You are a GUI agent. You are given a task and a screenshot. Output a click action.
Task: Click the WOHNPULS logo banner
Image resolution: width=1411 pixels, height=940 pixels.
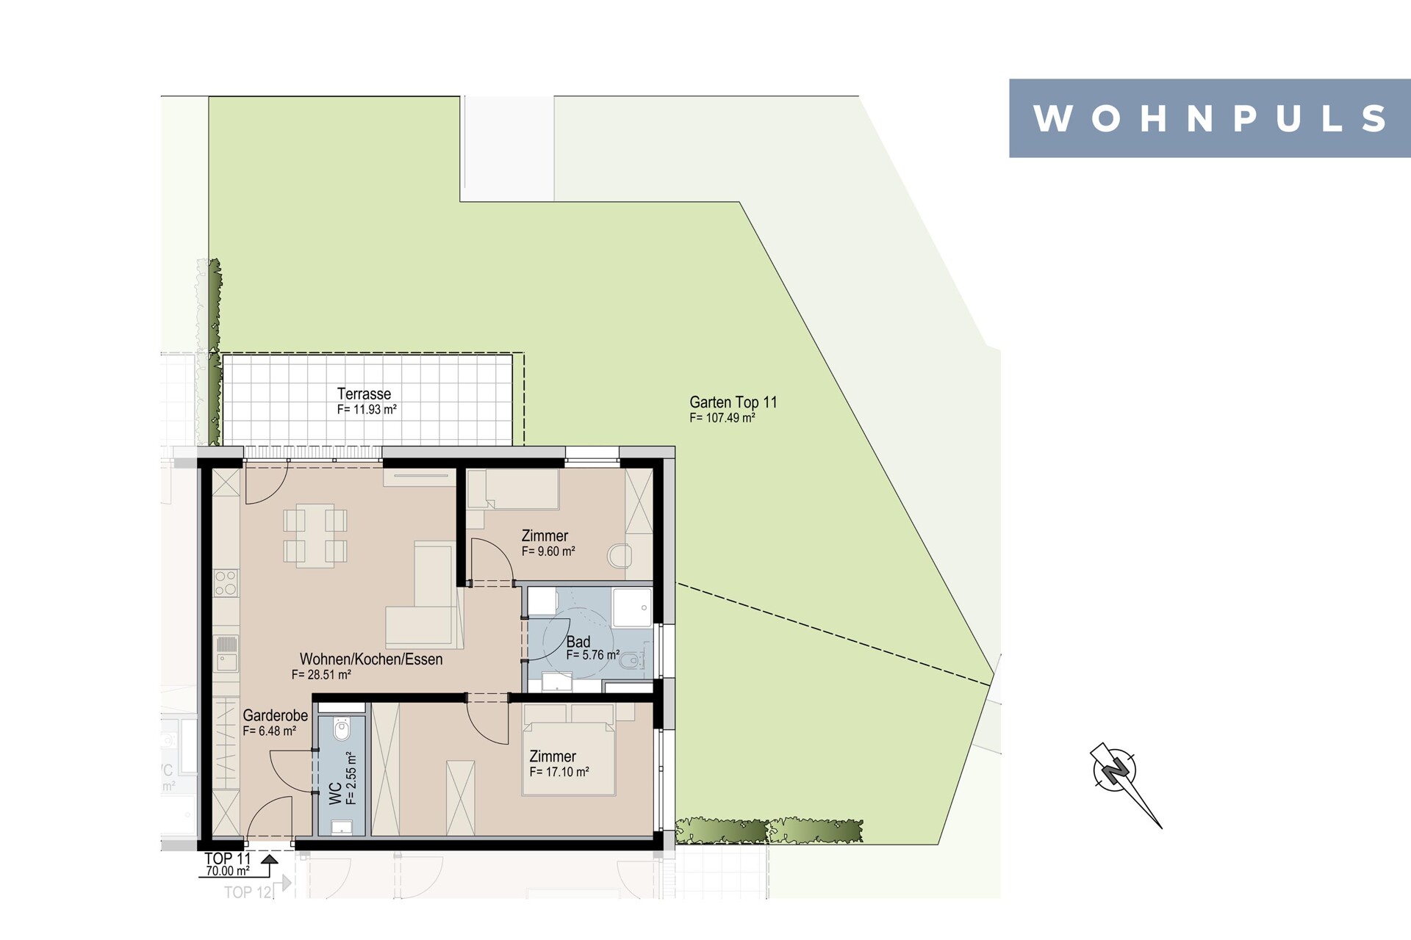pyautogui.click(x=1210, y=118)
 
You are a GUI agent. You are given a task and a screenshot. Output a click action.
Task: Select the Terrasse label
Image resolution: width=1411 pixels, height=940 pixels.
pyautogui.click(x=364, y=394)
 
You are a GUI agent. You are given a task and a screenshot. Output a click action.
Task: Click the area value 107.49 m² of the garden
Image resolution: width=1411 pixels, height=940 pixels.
pyautogui.click(x=722, y=418)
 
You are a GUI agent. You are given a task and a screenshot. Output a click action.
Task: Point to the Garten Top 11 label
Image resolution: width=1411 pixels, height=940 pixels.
pyautogui.click(x=733, y=402)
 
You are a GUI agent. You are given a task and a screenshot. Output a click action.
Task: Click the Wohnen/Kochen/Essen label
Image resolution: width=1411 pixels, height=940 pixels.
pyautogui.click(x=371, y=659)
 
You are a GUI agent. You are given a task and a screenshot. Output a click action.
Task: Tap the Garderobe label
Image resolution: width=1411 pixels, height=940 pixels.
pyautogui.click(x=276, y=715)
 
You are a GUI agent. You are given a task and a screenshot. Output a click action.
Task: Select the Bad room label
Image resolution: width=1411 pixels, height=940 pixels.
pyautogui.click(x=578, y=642)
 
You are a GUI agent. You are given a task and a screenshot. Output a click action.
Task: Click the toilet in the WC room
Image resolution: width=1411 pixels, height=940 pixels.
pyautogui.click(x=342, y=729)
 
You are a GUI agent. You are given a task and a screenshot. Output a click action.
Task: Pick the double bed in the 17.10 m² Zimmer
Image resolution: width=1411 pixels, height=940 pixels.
pyautogui.click(x=569, y=749)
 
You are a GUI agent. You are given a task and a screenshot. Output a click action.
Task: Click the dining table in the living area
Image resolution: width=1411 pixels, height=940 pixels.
pyautogui.click(x=315, y=535)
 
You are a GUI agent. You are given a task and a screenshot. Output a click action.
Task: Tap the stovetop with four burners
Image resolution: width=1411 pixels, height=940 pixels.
pyautogui.click(x=226, y=582)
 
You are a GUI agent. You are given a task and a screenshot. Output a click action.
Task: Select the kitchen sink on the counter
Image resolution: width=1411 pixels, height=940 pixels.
pyautogui.click(x=226, y=653)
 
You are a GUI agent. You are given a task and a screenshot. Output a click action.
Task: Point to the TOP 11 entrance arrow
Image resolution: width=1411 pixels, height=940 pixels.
pyautogui.click(x=270, y=858)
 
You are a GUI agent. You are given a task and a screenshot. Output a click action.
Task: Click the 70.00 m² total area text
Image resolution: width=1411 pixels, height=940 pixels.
pyautogui.click(x=227, y=871)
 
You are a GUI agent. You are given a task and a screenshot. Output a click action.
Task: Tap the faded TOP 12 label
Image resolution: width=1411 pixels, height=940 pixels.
pyautogui.click(x=248, y=892)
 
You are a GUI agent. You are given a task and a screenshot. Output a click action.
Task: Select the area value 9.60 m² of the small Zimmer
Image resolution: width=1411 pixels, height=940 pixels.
pyautogui.click(x=548, y=552)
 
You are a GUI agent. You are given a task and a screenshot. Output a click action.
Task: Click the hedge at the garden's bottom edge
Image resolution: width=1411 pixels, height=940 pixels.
pyautogui.click(x=769, y=831)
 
